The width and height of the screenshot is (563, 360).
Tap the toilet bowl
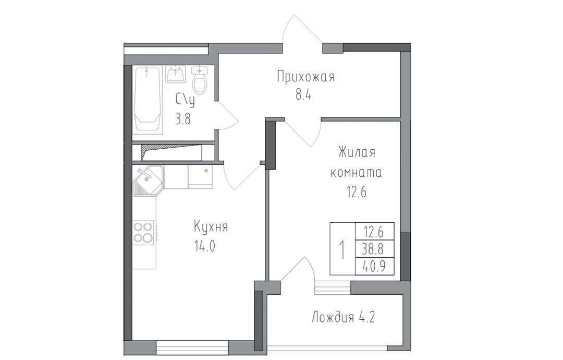click(x=200, y=80)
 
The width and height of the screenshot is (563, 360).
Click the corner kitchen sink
click(x=148, y=181)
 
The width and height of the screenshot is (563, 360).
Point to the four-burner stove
click(x=144, y=233)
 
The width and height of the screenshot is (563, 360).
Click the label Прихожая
click(x=305, y=77)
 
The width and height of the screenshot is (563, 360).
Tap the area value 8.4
click(x=303, y=95)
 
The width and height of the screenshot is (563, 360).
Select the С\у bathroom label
click(x=185, y=100)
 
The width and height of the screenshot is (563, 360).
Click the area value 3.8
click(x=182, y=118)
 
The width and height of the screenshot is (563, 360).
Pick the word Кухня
click(x=211, y=227)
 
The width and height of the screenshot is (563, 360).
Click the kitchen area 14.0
click(x=205, y=246)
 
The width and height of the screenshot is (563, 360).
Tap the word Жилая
click(x=357, y=152)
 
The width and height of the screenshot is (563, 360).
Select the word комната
click(x=356, y=173)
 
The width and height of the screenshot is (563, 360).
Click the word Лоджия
click(x=333, y=318)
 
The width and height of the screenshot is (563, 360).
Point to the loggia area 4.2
click(x=367, y=318)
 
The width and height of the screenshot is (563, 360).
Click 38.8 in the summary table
click(x=373, y=249)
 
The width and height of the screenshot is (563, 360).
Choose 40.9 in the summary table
click(x=373, y=266)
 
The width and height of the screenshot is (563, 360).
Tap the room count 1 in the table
click(x=342, y=250)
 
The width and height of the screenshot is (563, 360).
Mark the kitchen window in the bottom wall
click(x=192, y=347)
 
